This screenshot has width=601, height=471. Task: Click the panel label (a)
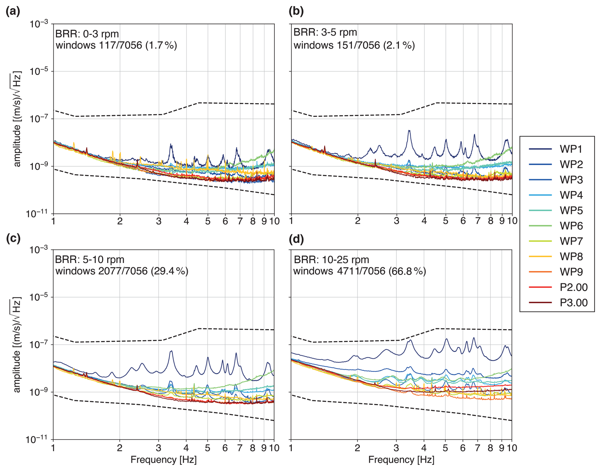(x=13, y=11)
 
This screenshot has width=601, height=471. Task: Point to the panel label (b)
(x=296, y=11)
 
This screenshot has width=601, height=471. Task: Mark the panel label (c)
(x=13, y=239)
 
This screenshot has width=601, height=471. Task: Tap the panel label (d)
(x=296, y=239)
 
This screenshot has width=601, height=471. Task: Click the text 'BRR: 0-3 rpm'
(x=87, y=34)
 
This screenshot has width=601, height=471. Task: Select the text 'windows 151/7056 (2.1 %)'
(x=354, y=45)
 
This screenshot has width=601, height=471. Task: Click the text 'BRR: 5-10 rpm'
(x=90, y=259)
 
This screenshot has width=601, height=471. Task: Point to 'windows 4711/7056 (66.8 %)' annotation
(x=360, y=271)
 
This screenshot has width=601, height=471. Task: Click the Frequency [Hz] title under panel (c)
(x=163, y=460)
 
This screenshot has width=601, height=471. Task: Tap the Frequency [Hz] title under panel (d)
(x=401, y=460)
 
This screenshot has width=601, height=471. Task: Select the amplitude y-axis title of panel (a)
(x=17, y=119)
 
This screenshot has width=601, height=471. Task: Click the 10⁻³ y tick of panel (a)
(x=39, y=24)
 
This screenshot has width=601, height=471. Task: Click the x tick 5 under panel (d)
(x=445, y=448)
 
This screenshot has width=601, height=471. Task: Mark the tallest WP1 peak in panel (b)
(x=409, y=131)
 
